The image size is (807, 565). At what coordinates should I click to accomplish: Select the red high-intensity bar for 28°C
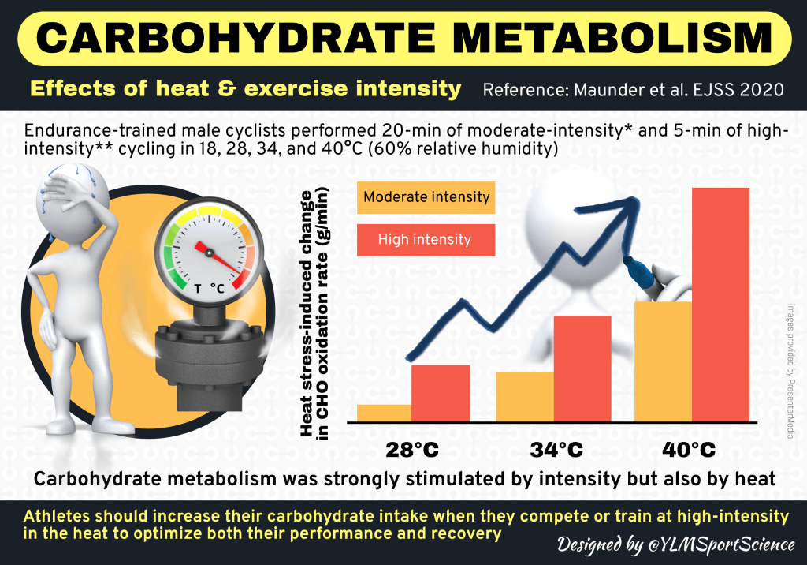(x=441, y=394)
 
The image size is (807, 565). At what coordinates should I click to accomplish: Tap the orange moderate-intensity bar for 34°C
(x=525, y=397)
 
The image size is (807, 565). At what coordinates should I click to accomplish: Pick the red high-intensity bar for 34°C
(x=582, y=369)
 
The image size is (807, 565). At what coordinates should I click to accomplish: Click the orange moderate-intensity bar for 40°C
(x=663, y=361)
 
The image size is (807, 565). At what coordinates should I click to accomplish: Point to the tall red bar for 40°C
(x=720, y=304)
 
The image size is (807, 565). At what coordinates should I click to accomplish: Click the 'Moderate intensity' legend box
(x=426, y=197)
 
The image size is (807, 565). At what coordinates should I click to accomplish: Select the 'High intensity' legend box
(x=426, y=239)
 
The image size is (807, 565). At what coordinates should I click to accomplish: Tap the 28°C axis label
(x=412, y=451)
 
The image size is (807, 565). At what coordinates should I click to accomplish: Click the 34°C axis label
(x=556, y=451)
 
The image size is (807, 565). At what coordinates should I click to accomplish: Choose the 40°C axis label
(x=689, y=451)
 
